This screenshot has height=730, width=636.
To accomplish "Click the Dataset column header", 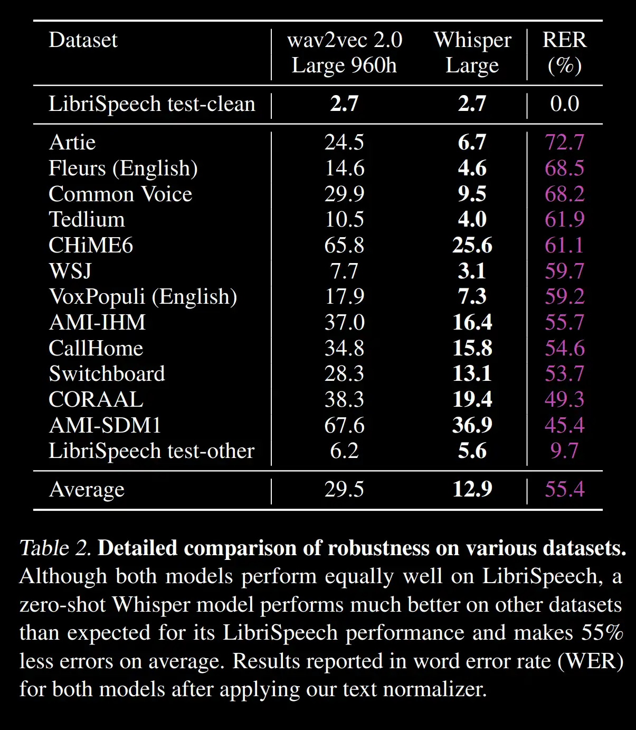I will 83,40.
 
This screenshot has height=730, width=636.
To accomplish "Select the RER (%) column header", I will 564,52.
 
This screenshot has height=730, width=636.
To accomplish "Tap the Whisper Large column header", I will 472,52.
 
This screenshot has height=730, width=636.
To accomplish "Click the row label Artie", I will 72,142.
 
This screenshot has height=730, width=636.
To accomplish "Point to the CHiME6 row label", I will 91,245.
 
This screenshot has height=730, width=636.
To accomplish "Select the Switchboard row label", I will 107,373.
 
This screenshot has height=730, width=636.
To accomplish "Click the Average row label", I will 87,489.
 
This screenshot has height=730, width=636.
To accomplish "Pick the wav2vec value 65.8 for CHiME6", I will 344,245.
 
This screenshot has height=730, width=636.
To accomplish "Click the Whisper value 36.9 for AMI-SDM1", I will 472,425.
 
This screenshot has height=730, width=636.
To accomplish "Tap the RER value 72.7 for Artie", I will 564,142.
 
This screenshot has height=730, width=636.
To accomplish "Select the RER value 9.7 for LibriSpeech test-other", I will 564,451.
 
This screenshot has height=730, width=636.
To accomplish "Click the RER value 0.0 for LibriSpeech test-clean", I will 564,104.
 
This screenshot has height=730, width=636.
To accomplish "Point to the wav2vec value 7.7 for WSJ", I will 344,271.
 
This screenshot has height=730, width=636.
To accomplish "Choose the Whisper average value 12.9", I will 472,489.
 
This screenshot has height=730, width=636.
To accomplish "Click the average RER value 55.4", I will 564,489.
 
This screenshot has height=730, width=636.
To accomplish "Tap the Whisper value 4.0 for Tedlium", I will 472,219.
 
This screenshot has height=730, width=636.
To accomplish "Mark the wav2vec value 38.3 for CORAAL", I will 344,399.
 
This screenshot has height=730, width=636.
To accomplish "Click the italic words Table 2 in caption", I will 55,548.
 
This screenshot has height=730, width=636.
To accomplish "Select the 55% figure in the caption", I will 602,632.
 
